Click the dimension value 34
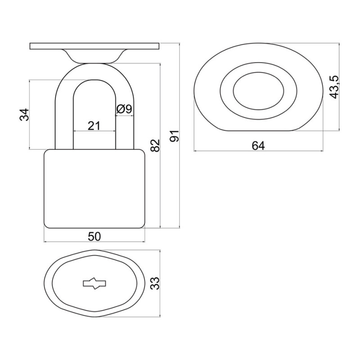[24, 114]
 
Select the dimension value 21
[94, 126]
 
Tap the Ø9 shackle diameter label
[124, 109]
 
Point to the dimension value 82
[155, 145]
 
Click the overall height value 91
[175, 136]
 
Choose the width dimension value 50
[94, 237]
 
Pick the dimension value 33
[155, 283]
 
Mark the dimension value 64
[258, 146]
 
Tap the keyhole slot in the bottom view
[94, 283]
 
